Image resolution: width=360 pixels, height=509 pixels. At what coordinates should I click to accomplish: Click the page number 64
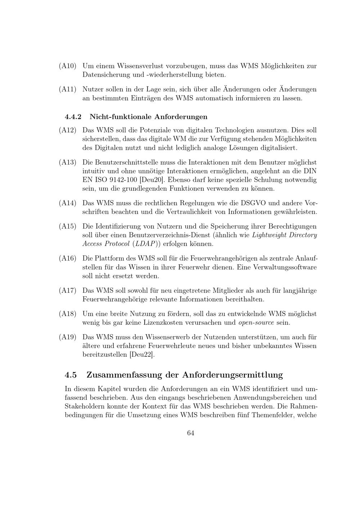click(191, 433)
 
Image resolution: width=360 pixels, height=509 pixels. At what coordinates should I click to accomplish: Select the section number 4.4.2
click(73, 117)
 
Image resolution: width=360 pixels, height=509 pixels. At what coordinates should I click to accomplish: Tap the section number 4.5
click(71, 375)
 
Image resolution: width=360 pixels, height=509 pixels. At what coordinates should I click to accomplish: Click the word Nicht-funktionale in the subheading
click(121, 117)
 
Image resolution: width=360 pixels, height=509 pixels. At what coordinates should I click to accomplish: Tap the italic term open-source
click(256, 323)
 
